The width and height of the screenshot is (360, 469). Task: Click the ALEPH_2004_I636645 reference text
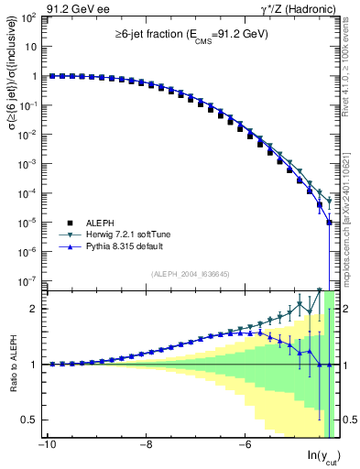190,274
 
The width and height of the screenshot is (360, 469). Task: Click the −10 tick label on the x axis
46,446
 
